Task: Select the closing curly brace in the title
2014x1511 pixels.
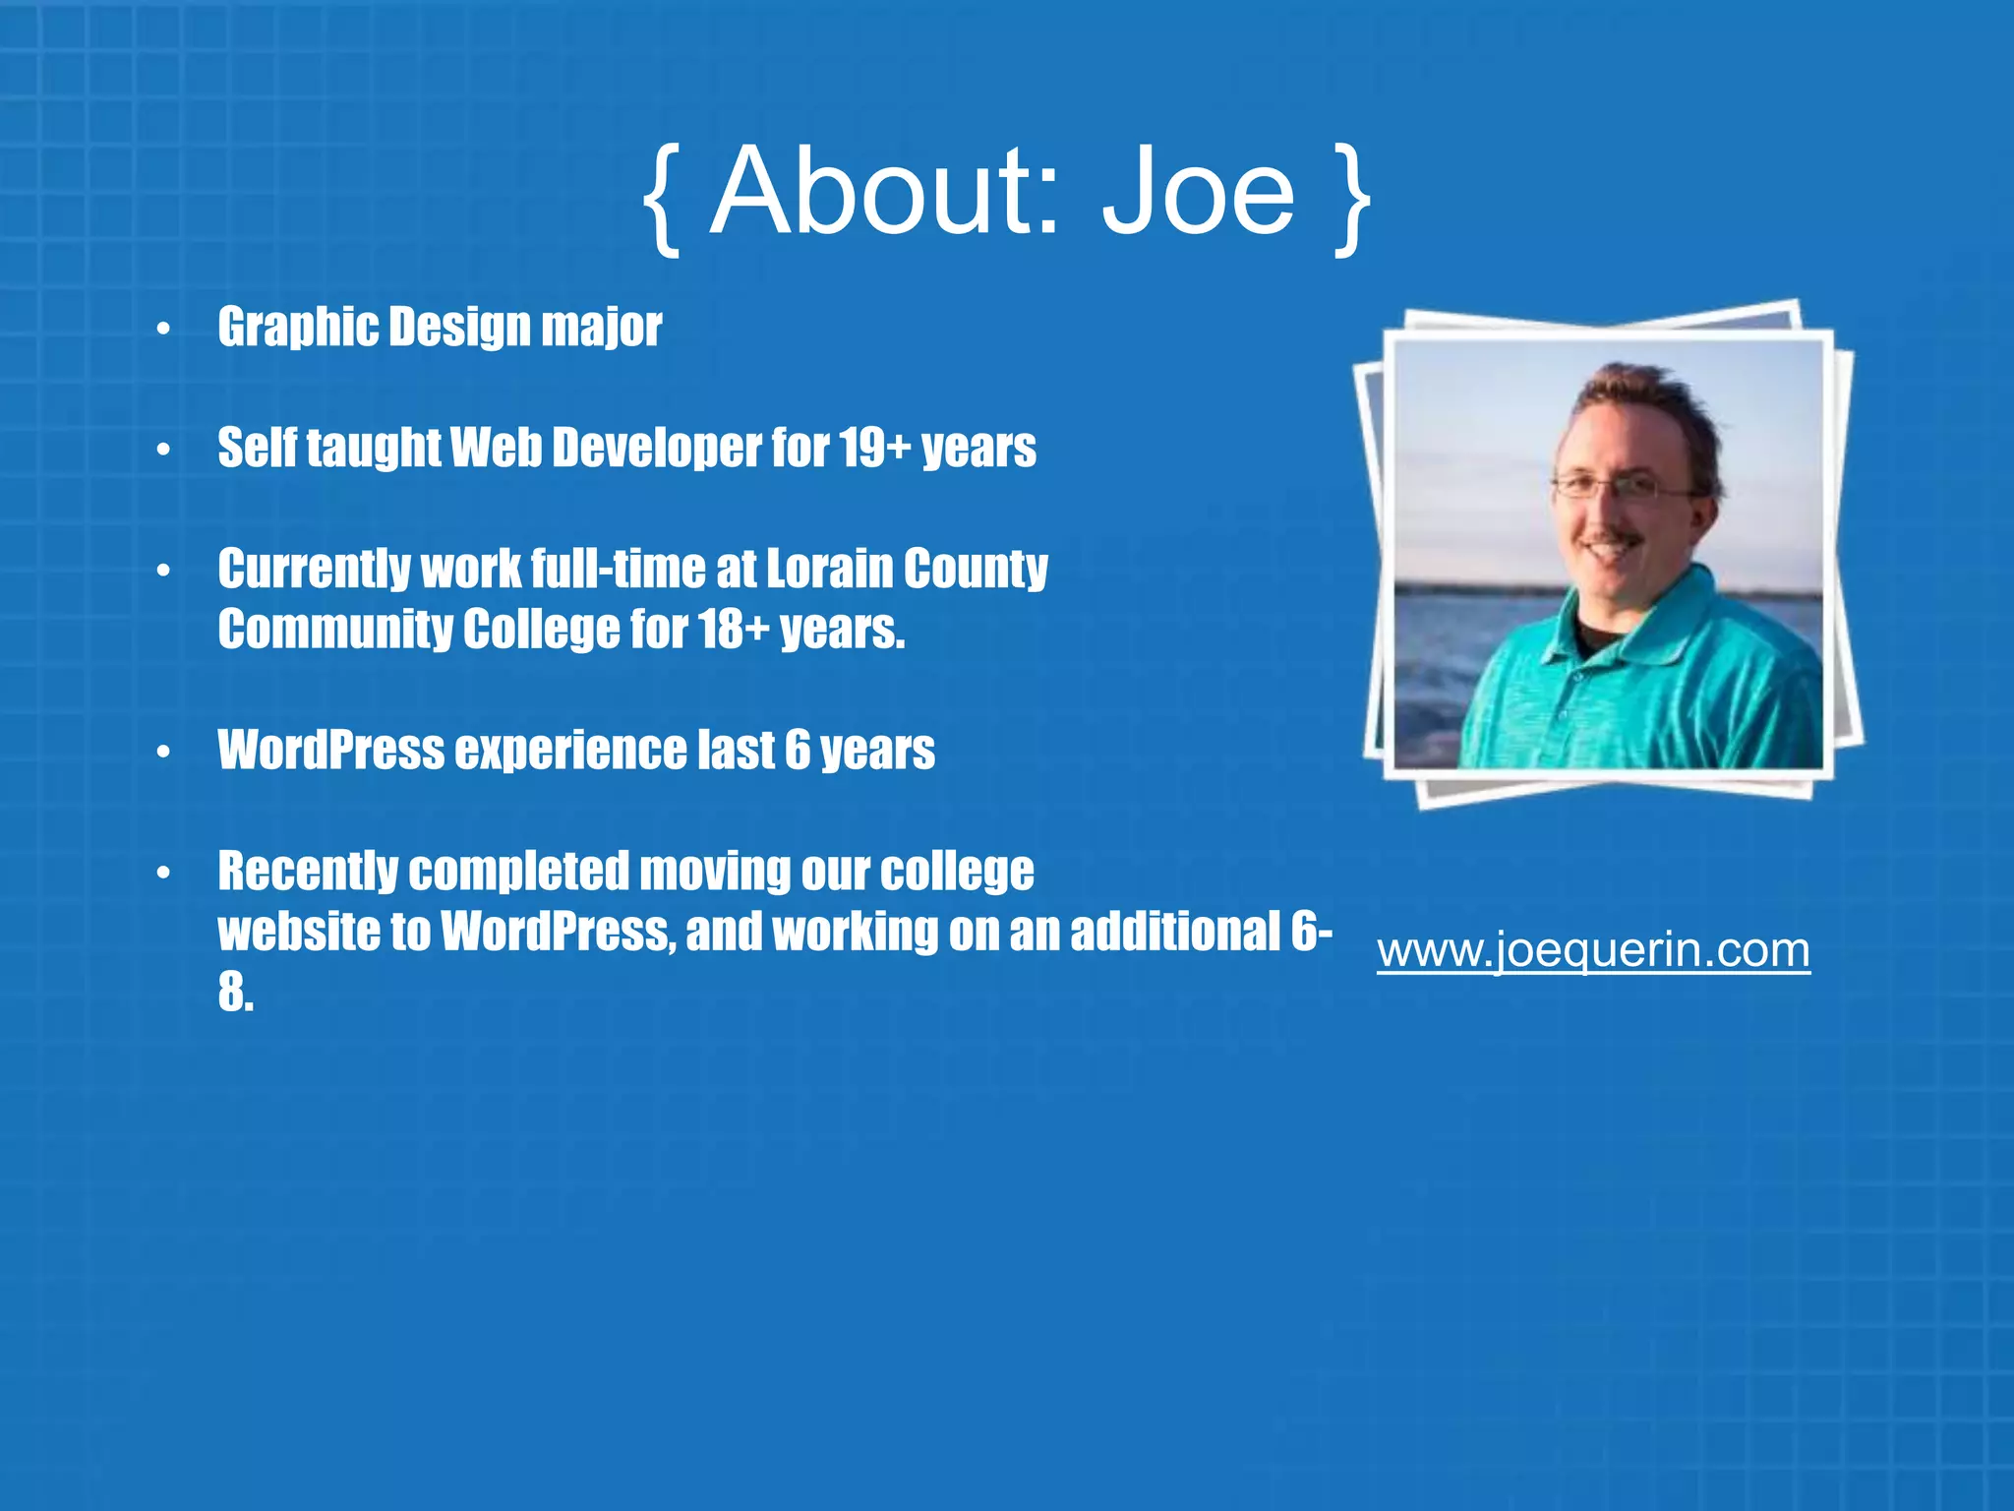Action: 1352,197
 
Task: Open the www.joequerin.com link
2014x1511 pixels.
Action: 1593,950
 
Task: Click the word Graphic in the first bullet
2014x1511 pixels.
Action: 297,327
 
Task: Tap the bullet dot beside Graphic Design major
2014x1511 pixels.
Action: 163,329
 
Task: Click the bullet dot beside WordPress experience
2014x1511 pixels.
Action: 163,753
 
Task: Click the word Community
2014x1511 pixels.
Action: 335,630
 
